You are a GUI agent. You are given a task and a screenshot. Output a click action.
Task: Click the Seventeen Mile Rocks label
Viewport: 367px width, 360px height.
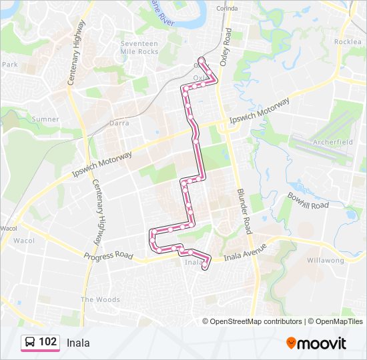(139, 47)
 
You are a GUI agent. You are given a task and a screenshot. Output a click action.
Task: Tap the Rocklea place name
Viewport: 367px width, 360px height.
(348, 41)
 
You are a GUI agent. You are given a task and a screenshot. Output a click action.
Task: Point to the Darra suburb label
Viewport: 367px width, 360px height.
(119, 123)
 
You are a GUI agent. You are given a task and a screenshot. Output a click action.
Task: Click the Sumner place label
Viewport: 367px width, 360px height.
(45, 119)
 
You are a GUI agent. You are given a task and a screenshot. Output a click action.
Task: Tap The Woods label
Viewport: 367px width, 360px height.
(100, 299)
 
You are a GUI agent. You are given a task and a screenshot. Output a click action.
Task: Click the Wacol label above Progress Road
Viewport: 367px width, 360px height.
(24, 240)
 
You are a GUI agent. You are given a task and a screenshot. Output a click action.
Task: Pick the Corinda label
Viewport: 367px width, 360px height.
(227, 9)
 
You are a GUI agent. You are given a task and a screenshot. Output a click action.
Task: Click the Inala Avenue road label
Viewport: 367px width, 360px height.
(244, 252)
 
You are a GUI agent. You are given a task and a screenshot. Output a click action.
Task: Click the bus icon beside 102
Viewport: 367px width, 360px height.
(30, 343)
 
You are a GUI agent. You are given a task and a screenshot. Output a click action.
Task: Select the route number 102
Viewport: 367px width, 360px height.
(48, 342)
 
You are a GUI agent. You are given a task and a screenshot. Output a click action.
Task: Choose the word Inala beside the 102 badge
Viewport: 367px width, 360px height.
(78, 343)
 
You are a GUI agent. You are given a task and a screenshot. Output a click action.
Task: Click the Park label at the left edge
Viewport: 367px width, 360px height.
(9, 65)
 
